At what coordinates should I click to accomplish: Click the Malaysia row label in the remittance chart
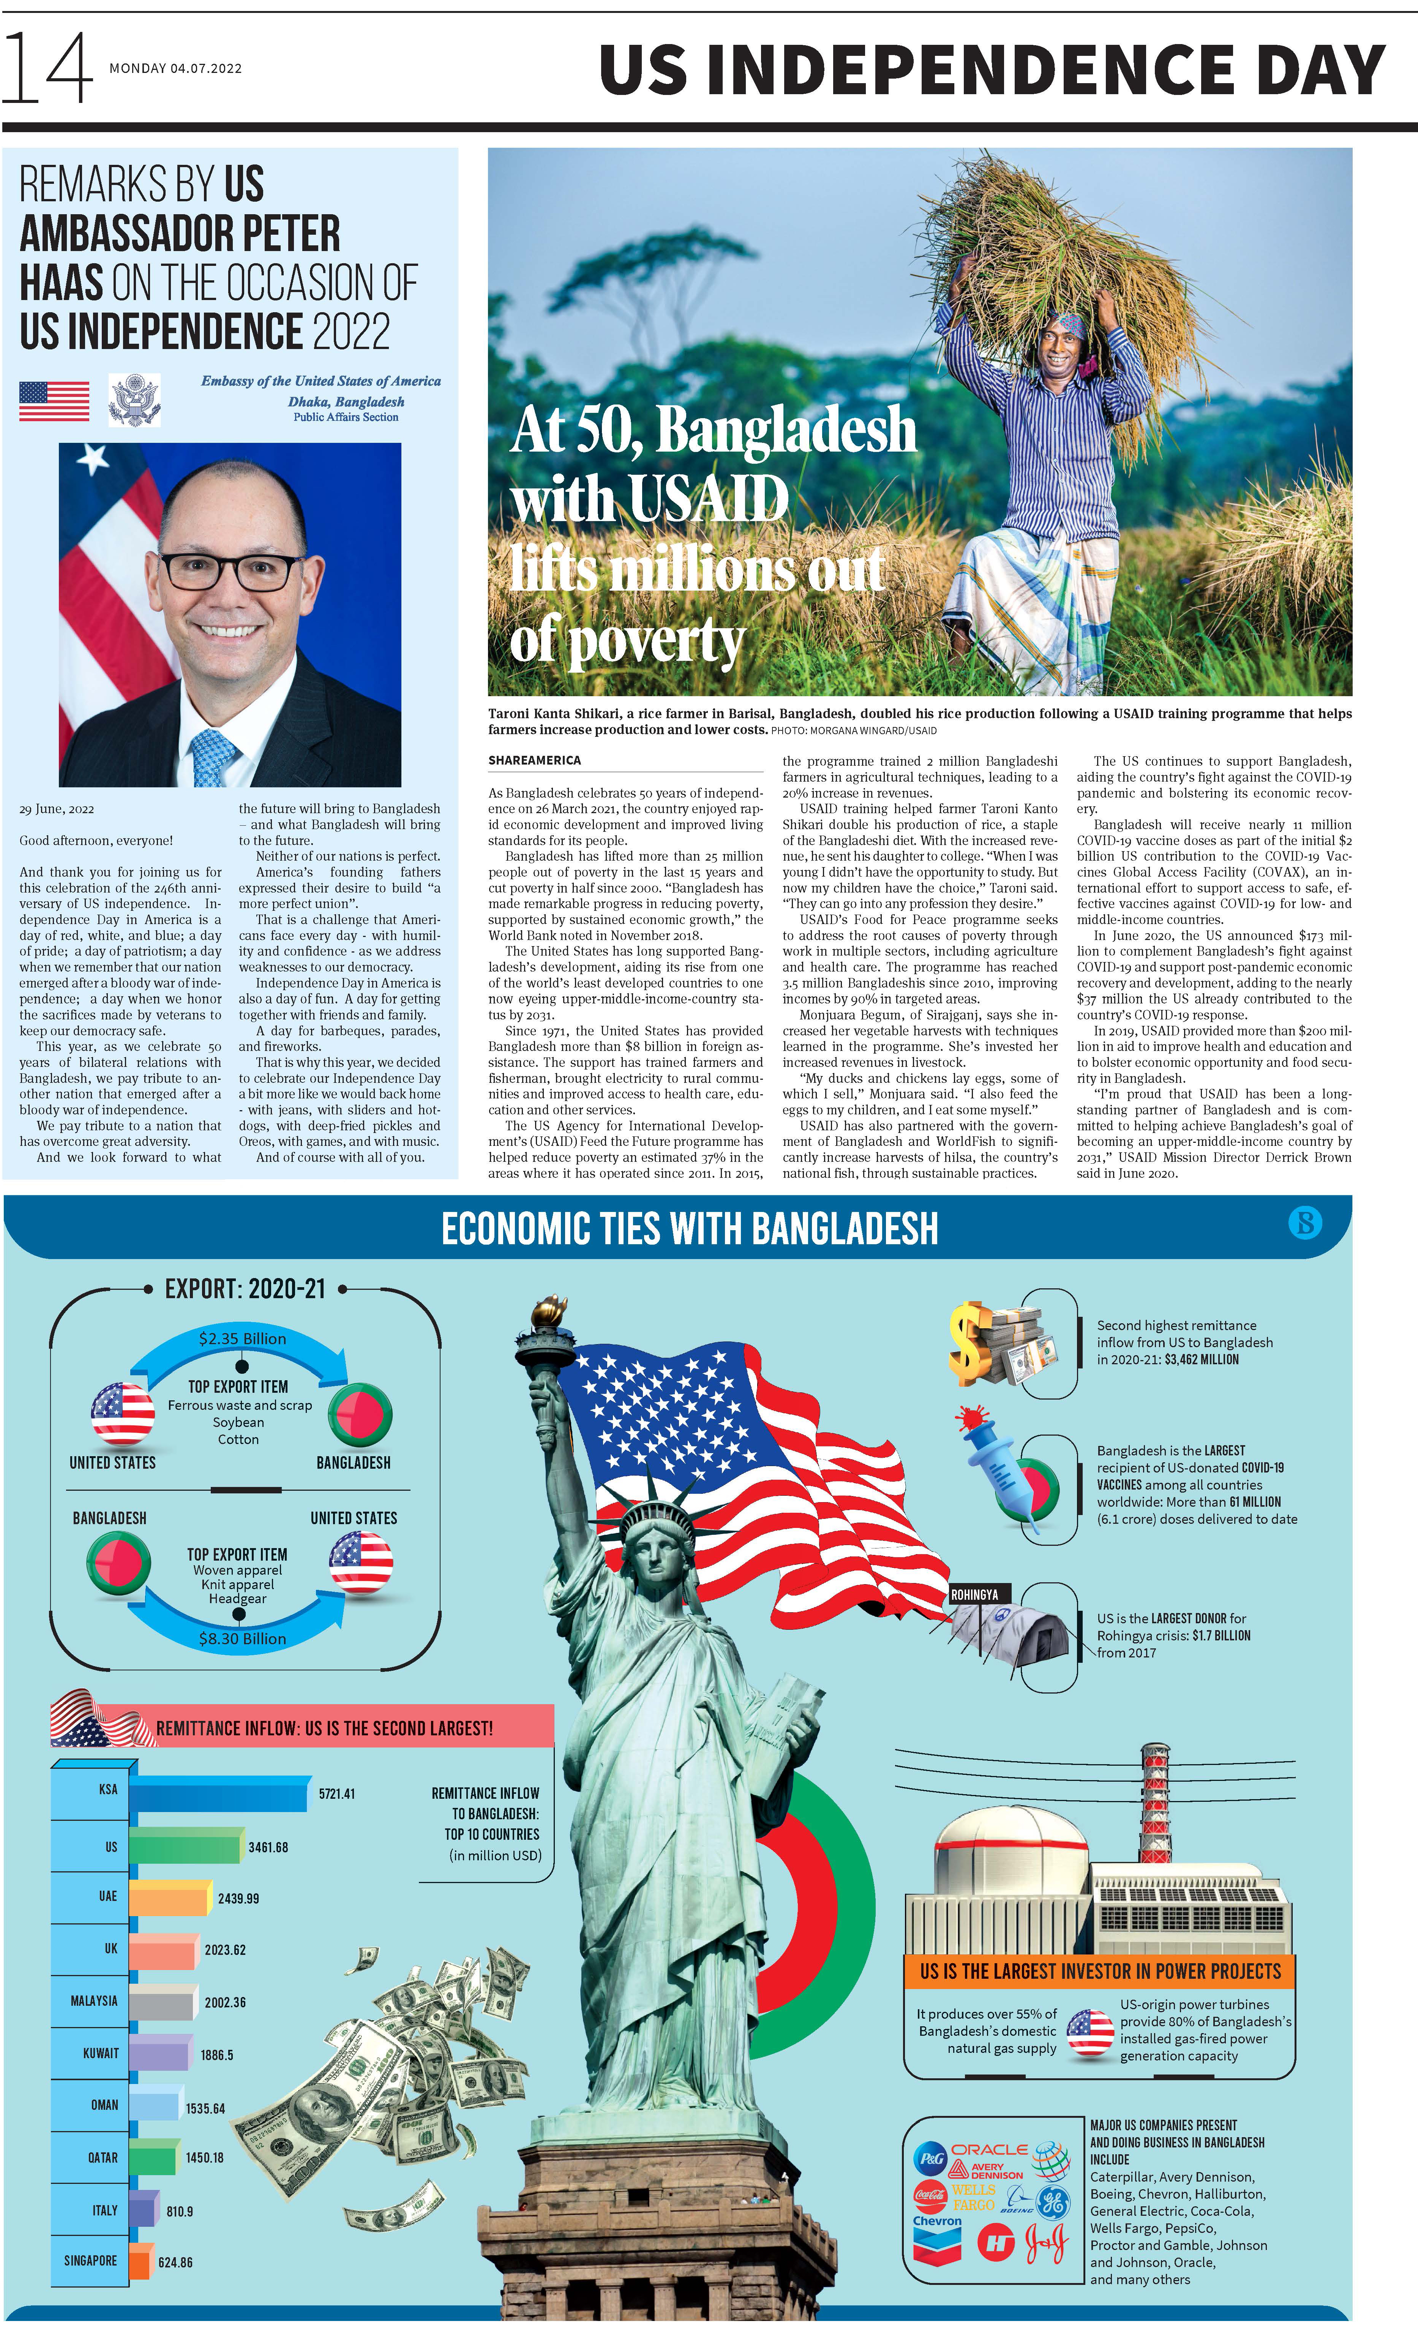coord(93,2001)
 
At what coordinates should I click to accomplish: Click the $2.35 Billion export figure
coord(242,1339)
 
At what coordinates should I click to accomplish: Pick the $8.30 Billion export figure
coord(242,1638)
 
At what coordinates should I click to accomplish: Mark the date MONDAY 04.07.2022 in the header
coord(175,69)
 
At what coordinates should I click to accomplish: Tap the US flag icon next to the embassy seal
coord(54,401)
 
